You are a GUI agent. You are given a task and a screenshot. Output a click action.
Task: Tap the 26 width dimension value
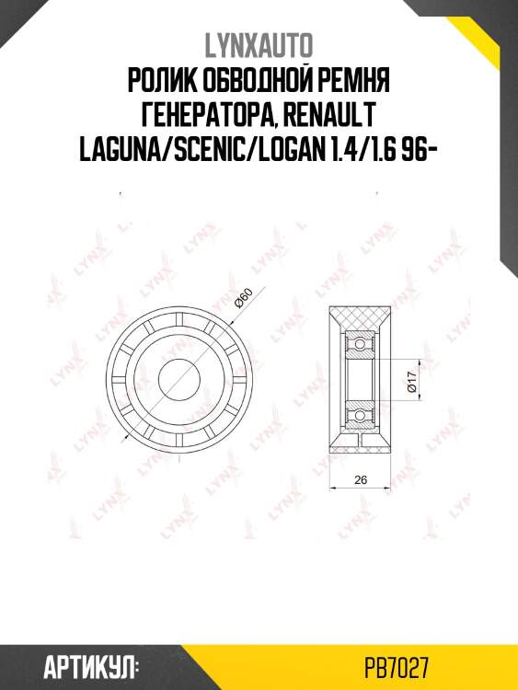coord(360,478)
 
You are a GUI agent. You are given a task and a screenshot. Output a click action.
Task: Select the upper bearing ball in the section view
coord(359,348)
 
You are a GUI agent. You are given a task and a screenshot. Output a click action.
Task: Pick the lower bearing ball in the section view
coord(359,416)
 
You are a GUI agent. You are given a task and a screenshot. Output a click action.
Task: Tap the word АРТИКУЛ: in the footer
coord(90,665)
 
